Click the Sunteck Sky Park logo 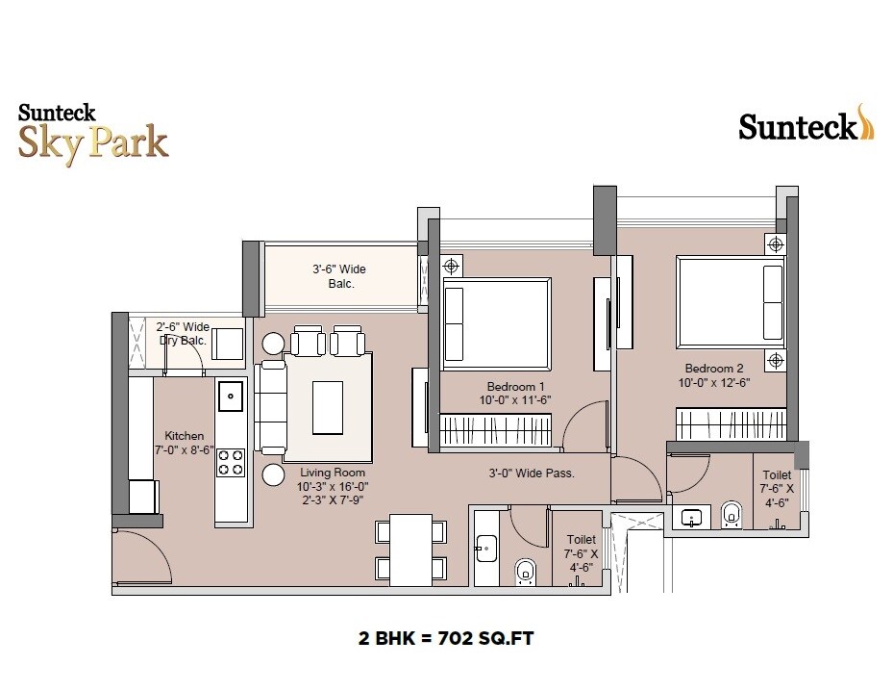pos(93,132)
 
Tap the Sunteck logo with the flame pos(806,125)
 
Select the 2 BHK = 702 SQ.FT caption pos(448,637)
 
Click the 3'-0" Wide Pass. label pos(531,473)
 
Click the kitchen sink pos(230,395)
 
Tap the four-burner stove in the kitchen pos(230,463)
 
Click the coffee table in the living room pos(328,407)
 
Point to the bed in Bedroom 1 pos(496,324)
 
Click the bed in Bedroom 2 pos(731,301)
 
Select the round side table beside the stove pos(273,474)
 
